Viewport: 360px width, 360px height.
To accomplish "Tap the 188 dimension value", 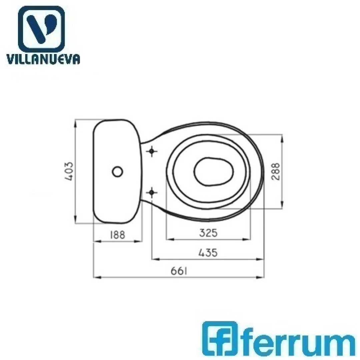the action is [x=117, y=235].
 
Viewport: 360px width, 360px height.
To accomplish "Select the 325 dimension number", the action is [x=208, y=233].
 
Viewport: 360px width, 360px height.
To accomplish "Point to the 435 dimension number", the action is [x=208, y=253].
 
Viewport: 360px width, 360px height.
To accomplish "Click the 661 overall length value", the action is [x=179, y=271].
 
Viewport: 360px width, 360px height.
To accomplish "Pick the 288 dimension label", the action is [x=275, y=172].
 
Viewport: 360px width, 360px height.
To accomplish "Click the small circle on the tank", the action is [x=118, y=172].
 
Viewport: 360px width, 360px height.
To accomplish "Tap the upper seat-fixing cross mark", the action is [x=152, y=151].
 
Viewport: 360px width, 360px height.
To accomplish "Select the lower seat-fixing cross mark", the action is [x=152, y=192].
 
